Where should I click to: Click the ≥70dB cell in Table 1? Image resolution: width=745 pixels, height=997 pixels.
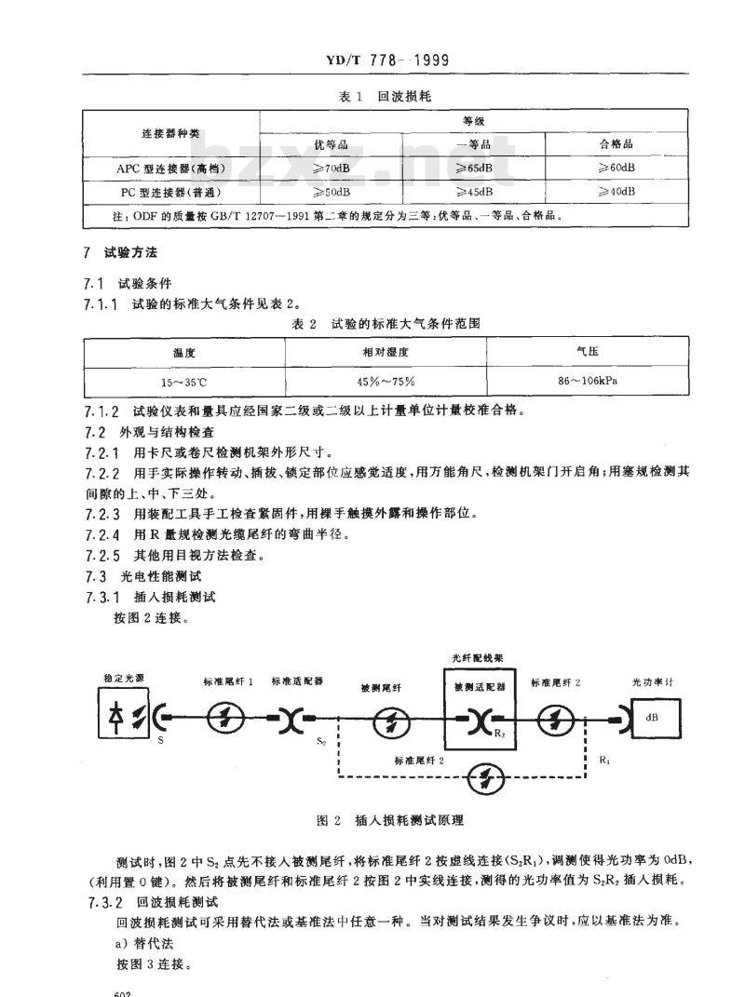point(332,168)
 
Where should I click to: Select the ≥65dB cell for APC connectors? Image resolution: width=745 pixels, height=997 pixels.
point(475,168)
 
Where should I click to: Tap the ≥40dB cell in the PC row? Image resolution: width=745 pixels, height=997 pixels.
point(616,192)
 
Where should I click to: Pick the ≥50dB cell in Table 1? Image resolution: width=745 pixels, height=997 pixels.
point(332,192)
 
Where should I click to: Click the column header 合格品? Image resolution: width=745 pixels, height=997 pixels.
point(616,144)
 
